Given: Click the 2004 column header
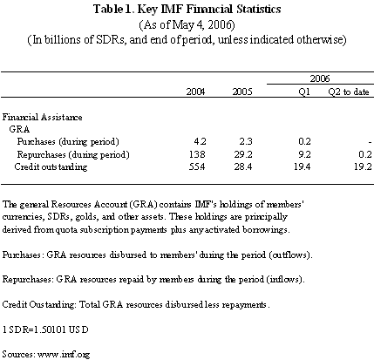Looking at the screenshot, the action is pyautogui.click(x=195, y=92).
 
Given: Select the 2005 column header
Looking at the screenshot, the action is pyautogui.click(x=242, y=92).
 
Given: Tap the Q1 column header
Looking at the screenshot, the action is pyautogui.click(x=304, y=92).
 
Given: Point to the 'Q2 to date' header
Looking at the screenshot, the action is pyautogui.click(x=349, y=92).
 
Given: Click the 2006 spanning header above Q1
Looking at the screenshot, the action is pyautogui.click(x=320, y=78).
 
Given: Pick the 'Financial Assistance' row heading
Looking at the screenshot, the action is pyautogui.click(x=42, y=117).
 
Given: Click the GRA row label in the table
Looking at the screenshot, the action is pyautogui.click(x=19, y=129).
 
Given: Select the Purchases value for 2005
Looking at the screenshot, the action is pyautogui.click(x=246, y=141).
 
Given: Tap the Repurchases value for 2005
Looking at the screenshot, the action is pyautogui.click(x=243, y=154).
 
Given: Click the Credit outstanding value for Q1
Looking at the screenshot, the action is pyautogui.click(x=302, y=166).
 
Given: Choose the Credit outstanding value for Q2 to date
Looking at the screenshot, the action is pyautogui.click(x=363, y=166).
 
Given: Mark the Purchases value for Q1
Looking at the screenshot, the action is pyautogui.click(x=304, y=141).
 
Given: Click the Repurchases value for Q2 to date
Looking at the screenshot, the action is pyautogui.click(x=365, y=154).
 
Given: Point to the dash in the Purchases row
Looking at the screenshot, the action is pyautogui.click(x=370, y=142).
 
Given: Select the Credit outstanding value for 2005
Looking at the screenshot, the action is pyautogui.click(x=243, y=166).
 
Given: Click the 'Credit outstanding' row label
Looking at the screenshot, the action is pyautogui.click(x=51, y=166).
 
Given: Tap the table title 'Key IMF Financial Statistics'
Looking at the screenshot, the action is pyautogui.click(x=208, y=9).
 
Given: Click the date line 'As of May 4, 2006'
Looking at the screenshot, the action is pyautogui.click(x=187, y=24).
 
